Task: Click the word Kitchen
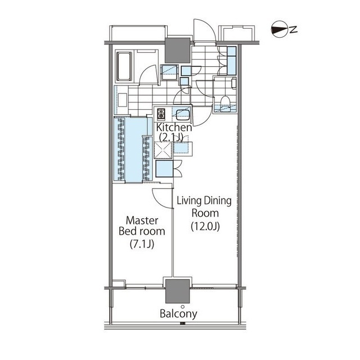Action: [x=174, y=128]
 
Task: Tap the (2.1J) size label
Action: [x=171, y=137]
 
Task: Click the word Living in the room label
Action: [x=188, y=201]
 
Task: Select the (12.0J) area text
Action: [x=205, y=227]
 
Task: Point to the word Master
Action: [x=142, y=220]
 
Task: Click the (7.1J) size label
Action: [x=142, y=244]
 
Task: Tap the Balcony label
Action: [x=178, y=314]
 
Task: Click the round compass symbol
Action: [x=279, y=29]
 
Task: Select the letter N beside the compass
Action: [x=293, y=29]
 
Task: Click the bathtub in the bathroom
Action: [x=124, y=66]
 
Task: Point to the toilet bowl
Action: [x=226, y=101]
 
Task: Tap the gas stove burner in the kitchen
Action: [x=161, y=114]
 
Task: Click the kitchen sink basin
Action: [x=182, y=115]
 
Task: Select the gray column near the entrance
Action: [x=178, y=51]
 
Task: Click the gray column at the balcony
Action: [x=178, y=291]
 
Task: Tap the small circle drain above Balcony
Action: [x=182, y=307]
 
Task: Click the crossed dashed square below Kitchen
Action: [x=163, y=150]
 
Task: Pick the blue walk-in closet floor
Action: [x=133, y=150]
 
